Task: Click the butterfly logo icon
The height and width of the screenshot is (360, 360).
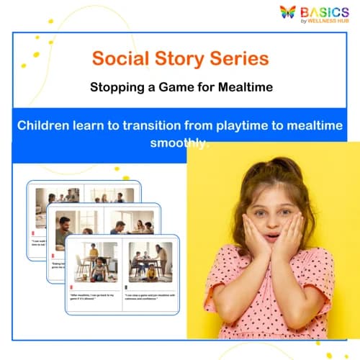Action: (x=288, y=12)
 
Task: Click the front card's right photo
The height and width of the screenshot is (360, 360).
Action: (x=149, y=260)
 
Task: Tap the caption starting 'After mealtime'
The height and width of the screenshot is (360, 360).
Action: (x=94, y=295)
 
